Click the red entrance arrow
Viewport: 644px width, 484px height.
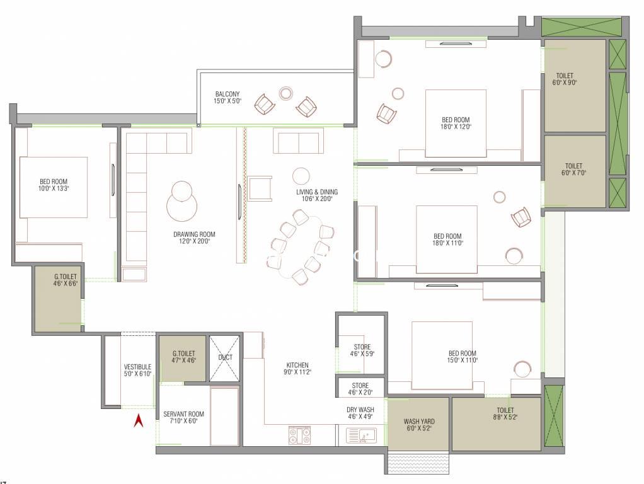tap(139, 421)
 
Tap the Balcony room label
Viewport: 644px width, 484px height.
tap(227, 98)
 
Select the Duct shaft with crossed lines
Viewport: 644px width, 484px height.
tap(225, 359)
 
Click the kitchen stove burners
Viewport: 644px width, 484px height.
tap(299, 435)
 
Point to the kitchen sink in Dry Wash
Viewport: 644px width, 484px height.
tap(361, 435)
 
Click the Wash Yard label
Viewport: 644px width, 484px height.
tap(419, 424)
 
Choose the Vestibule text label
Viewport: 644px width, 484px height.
tap(137, 370)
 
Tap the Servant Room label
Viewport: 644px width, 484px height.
tap(183, 417)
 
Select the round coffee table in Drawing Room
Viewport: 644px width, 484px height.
tap(181, 201)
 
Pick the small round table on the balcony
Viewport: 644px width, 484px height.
tap(285, 93)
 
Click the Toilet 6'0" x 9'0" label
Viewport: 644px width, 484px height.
tap(565, 79)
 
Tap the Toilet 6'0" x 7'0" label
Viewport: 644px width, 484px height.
tap(574, 170)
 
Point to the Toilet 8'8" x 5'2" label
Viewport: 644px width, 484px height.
tap(505, 413)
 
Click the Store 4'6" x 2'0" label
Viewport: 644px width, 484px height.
tap(360, 389)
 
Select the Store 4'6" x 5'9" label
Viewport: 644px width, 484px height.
tap(362, 350)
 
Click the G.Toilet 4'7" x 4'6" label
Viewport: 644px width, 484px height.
tap(183, 357)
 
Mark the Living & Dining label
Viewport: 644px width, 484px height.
tap(317, 195)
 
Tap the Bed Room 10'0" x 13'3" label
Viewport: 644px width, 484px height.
tap(54, 185)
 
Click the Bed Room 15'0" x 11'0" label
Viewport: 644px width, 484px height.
tap(463, 357)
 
